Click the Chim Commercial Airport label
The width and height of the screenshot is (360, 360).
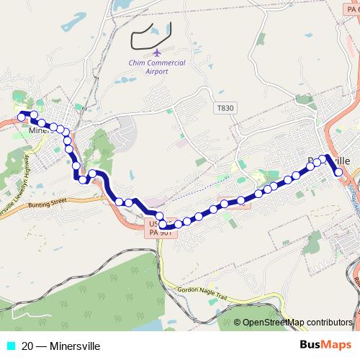tap(156, 67)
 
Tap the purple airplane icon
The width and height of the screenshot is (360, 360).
tap(157, 52)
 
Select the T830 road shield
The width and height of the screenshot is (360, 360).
tap(225, 108)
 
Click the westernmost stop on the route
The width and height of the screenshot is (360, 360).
tap(21, 115)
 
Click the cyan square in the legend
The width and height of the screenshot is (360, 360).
tap(10, 346)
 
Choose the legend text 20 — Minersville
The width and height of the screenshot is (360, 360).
tap(60, 346)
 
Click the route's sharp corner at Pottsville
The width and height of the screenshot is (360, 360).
tap(328, 156)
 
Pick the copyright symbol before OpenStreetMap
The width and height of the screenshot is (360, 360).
tap(237, 323)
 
